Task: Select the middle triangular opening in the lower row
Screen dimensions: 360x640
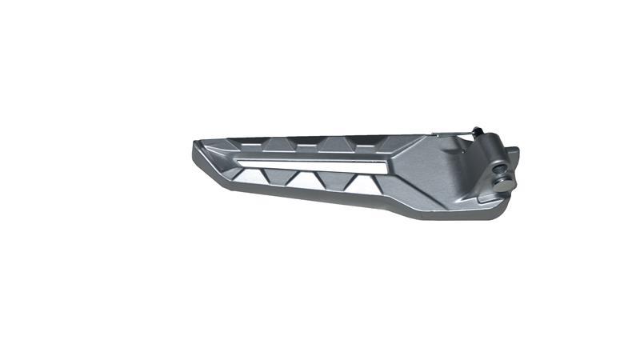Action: click(x=334, y=182)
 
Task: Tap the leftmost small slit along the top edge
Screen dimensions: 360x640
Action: click(x=248, y=144)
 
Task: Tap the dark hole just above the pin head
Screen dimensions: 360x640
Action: click(x=501, y=169)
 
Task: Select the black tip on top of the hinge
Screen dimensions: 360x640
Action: click(x=477, y=131)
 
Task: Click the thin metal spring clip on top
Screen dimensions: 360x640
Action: click(x=452, y=134)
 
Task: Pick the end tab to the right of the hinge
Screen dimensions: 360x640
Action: click(x=513, y=156)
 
